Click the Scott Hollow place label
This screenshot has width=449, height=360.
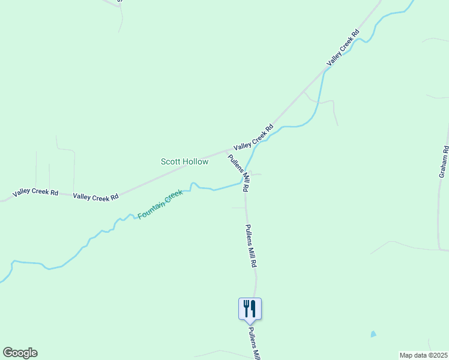coord(185,161)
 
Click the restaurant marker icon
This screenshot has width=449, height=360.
coord(250,309)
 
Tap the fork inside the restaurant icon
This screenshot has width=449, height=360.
coord(246,308)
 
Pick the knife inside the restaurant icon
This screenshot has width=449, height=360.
coord(253,308)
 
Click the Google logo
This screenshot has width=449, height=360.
coord(20,353)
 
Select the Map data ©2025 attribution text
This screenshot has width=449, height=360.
coord(423,355)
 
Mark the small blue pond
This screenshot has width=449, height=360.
coord(373,334)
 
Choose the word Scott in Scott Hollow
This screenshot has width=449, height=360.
coord(170,161)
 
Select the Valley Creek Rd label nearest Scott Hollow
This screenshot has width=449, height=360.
coord(253,137)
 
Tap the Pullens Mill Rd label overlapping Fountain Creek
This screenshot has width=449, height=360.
coord(238,172)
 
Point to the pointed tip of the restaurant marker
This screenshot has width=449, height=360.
coord(250,324)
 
